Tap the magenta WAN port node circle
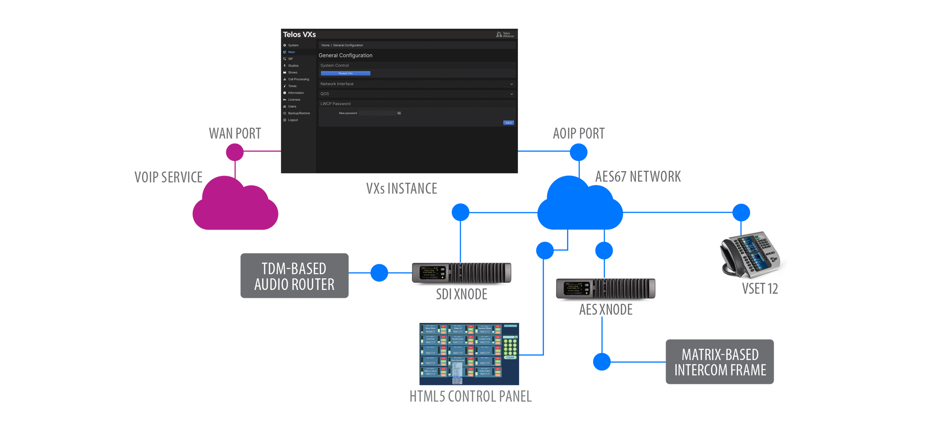click(x=235, y=152)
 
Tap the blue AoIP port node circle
click(x=578, y=152)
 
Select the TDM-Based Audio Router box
click(x=294, y=276)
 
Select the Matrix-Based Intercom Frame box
click(x=719, y=362)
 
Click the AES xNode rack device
click(x=605, y=288)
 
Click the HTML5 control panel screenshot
click(x=469, y=354)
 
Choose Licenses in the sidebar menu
click(x=294, y=99)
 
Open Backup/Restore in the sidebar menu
click(x=299, y=113)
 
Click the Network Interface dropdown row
click(x=416, y=84)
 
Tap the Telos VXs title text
click(x=299, y=34)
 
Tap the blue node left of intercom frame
click(x=602, y=362)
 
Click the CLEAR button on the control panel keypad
click(x=510, y=357)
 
